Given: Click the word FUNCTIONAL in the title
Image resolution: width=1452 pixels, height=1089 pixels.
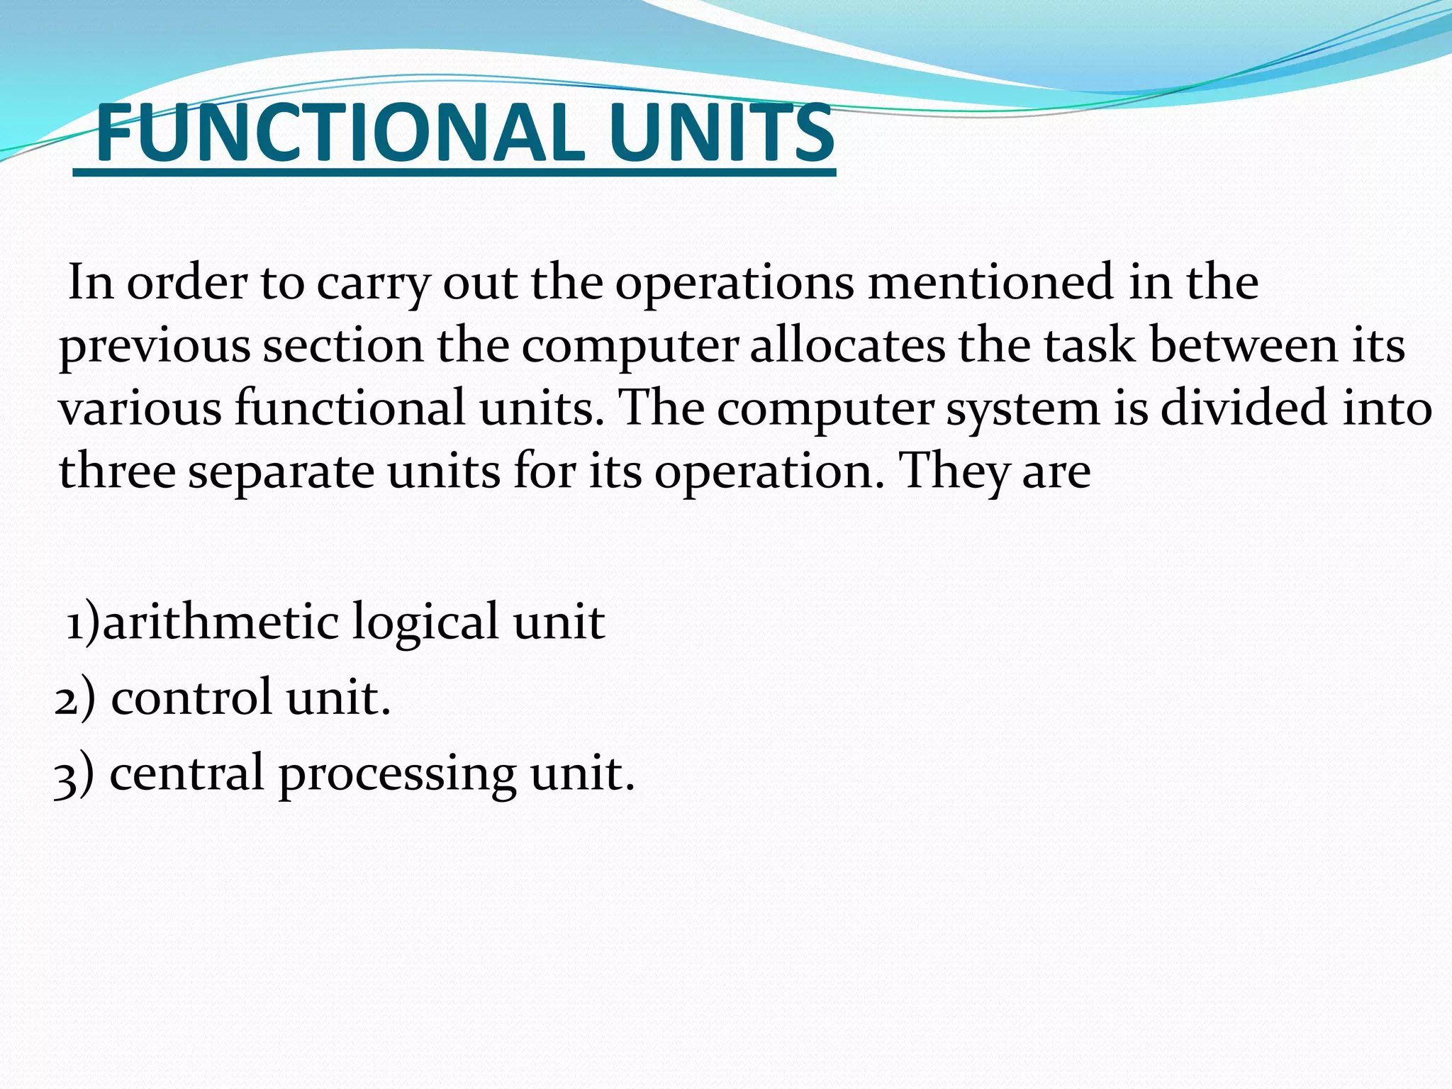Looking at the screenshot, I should pyautogui.click(x=340, y=133).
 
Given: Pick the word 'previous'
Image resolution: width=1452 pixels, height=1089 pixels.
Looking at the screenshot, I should pyautogui.click(x=155, y=347).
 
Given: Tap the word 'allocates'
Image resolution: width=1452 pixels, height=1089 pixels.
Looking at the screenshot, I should pyautogui.click(x=847, y=345).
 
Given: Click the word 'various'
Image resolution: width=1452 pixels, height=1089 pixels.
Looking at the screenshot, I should pyautogui.click(x=140, y=408).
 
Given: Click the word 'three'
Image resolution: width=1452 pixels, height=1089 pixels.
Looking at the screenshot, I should pyautogui.click(x=117, y=471).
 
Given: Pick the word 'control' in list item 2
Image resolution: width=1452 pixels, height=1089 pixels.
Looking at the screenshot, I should pyautogui.click(x=191, y=696).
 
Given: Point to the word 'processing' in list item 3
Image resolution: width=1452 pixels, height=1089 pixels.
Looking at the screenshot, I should pyautogui.click(x=397, y=774).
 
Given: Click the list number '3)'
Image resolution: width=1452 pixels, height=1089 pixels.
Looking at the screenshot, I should pyautogui.click(x=74, y=774).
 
